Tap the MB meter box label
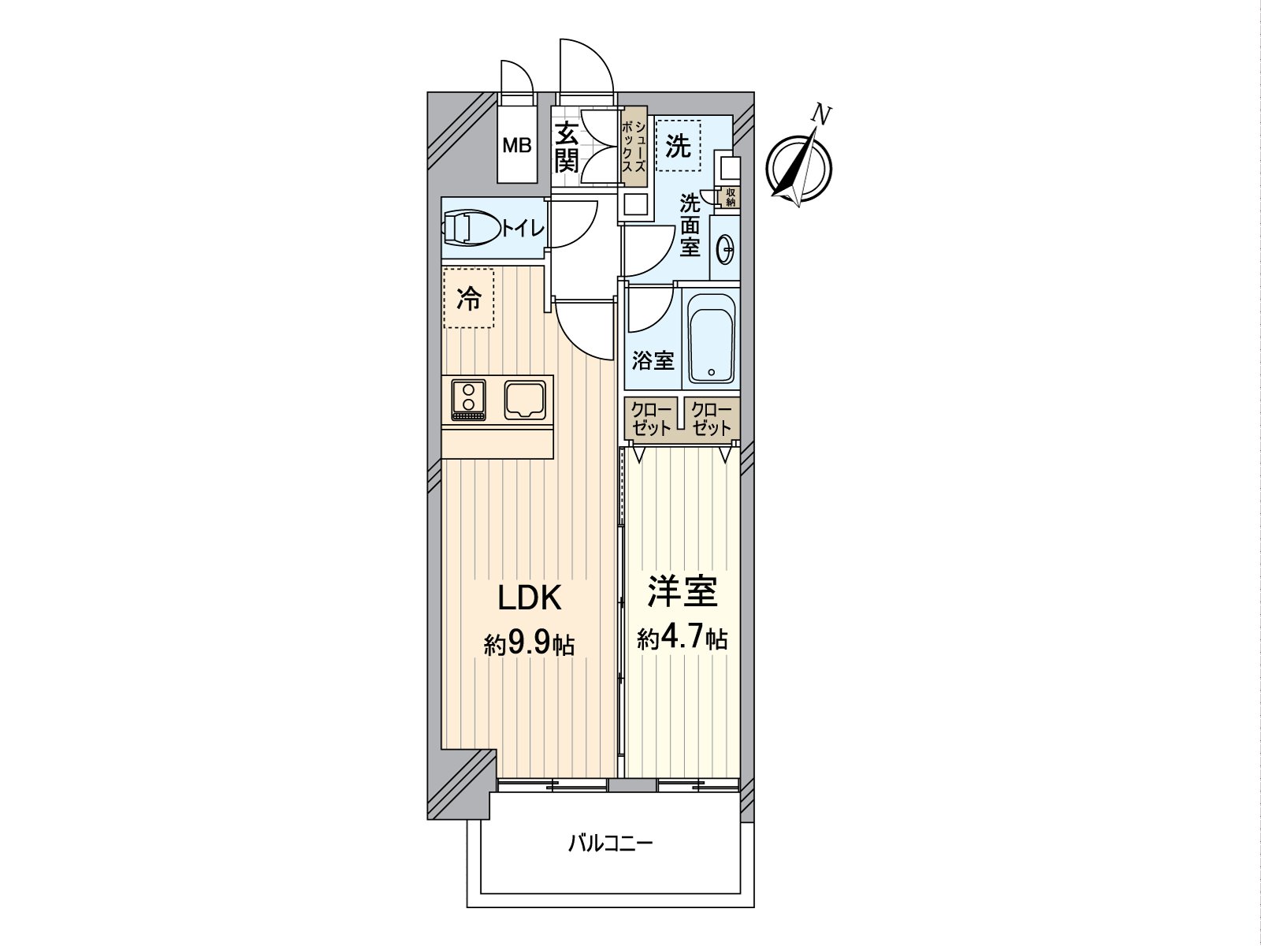point(517,146)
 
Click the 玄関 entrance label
point(566,147)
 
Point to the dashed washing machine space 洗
point(678,145)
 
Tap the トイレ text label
point(523,229)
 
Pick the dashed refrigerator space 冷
point(469,298)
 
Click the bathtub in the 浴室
point(712,339)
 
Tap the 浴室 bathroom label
point(653,361)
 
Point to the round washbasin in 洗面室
point(725,250)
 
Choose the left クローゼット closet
point(650,419)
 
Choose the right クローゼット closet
point(712,419)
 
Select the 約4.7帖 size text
point(682,638)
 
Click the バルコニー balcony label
point(611,845)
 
